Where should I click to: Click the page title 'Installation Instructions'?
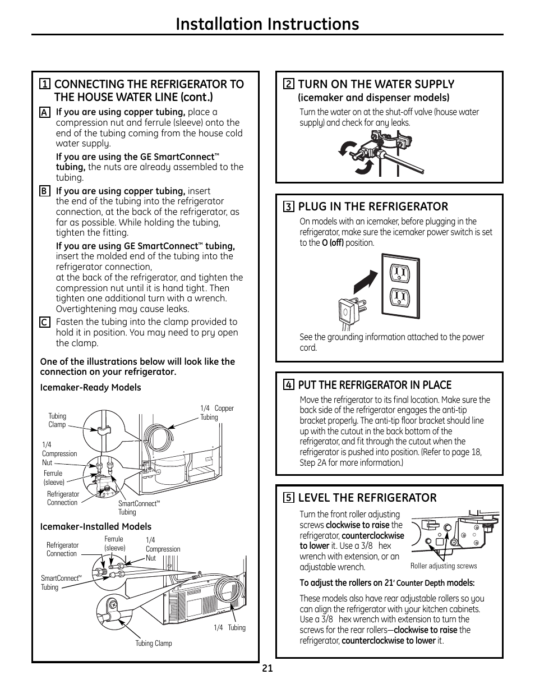coord(267,24)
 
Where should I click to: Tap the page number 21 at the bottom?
coord(267,668)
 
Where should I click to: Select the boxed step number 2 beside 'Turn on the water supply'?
coord(289,85)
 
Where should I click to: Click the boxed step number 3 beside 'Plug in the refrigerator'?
coord(289,207)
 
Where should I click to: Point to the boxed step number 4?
coord(289,385)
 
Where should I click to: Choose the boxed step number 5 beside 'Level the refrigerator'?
coord(289,498)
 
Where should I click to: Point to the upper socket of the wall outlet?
coord(399,273)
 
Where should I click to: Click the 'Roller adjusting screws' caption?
coord(444,566)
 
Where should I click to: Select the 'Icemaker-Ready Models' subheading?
coord(90,388)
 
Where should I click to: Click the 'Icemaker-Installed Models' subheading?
coord(95,527)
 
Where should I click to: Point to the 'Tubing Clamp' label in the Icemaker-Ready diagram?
coord(57,420)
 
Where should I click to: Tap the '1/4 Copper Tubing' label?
coord(216,412)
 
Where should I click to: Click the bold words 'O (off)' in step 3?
coord(332,243)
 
